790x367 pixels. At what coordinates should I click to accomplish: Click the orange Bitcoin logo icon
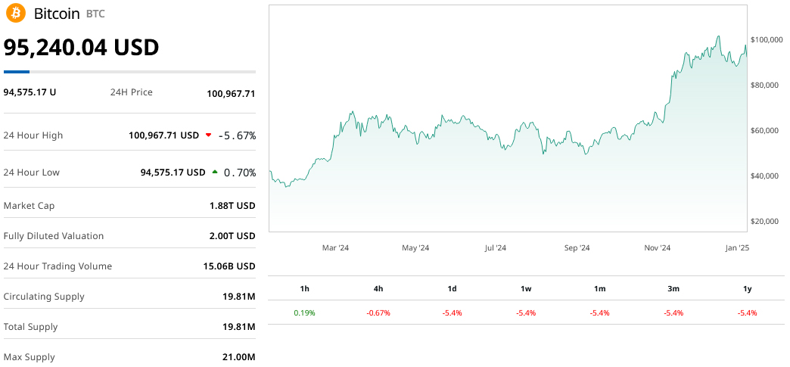[14, 14]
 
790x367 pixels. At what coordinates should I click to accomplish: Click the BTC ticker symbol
[95, 14]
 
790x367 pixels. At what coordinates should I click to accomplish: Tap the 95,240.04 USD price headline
[81, 47]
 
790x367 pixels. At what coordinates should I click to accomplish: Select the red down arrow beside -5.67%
[208, 135]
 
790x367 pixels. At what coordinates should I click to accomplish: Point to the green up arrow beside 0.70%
[215, 173]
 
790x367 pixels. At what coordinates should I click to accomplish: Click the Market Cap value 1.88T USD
[232, 206]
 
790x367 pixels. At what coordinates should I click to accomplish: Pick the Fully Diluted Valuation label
[54, 236]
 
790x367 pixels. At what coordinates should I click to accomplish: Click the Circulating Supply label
[44, 297]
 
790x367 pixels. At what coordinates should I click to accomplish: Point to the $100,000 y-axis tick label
[766, 39]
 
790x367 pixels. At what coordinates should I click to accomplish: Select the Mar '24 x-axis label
[335, 247]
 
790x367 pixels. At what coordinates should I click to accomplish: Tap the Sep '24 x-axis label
[577, 247]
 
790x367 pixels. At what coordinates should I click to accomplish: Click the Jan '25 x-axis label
[737, 247]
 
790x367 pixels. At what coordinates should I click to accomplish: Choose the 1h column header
[304, 288]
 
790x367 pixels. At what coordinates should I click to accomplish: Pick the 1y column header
[747, 288]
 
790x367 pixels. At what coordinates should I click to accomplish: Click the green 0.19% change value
[304, 313]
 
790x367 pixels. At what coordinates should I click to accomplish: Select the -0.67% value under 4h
[378, 313]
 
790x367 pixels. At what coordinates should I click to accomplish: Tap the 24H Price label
[132, 92]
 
